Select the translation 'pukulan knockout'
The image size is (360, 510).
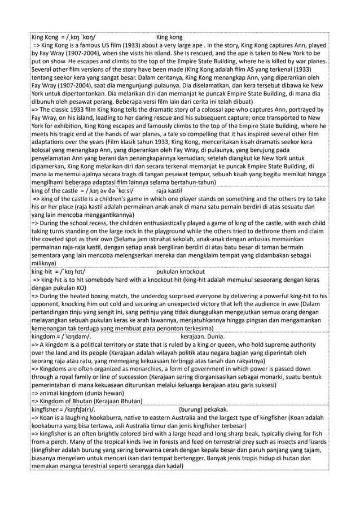click(181, 272)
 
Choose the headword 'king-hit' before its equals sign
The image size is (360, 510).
click(43, 272)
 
